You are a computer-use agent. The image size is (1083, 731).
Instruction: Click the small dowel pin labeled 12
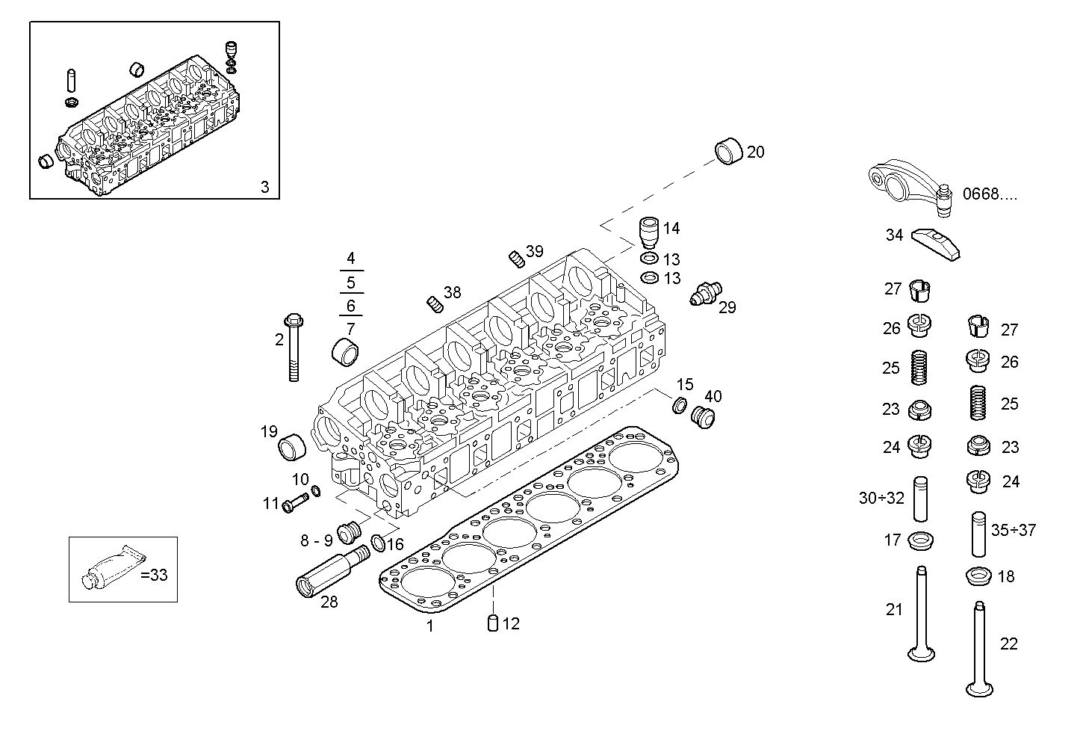coord(492,623)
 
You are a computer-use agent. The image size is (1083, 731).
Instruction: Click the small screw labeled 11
coord(295,503)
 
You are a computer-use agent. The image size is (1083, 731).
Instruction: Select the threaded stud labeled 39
coord(515,259)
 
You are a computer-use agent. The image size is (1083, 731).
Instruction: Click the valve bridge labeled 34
coord(935,242)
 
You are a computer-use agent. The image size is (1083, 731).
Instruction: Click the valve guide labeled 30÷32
coord(920,499)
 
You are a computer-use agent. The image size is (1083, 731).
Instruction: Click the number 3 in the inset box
coord(264,187)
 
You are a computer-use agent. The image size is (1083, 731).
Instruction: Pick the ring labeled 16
coord(379,541)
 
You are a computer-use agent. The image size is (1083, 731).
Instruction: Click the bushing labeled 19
coord(291,449)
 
